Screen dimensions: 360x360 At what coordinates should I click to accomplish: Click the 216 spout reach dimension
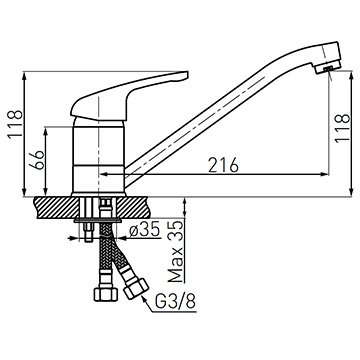(223, 165)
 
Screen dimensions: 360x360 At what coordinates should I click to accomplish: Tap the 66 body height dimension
(39, 160)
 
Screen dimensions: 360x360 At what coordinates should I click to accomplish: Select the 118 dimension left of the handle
(15, 123)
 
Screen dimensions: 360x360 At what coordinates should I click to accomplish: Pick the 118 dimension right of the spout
(343, 128)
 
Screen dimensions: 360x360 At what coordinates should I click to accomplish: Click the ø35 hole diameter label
(145, 230)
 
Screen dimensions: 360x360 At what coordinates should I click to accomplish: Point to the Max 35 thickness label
(175, 251)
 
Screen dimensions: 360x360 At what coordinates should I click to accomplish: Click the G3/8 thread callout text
(175, 302)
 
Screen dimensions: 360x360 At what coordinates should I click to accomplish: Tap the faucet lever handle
(128, 94)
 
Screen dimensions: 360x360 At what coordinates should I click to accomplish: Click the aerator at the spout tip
(328, 67)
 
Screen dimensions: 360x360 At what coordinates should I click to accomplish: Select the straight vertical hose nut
(106, 294)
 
